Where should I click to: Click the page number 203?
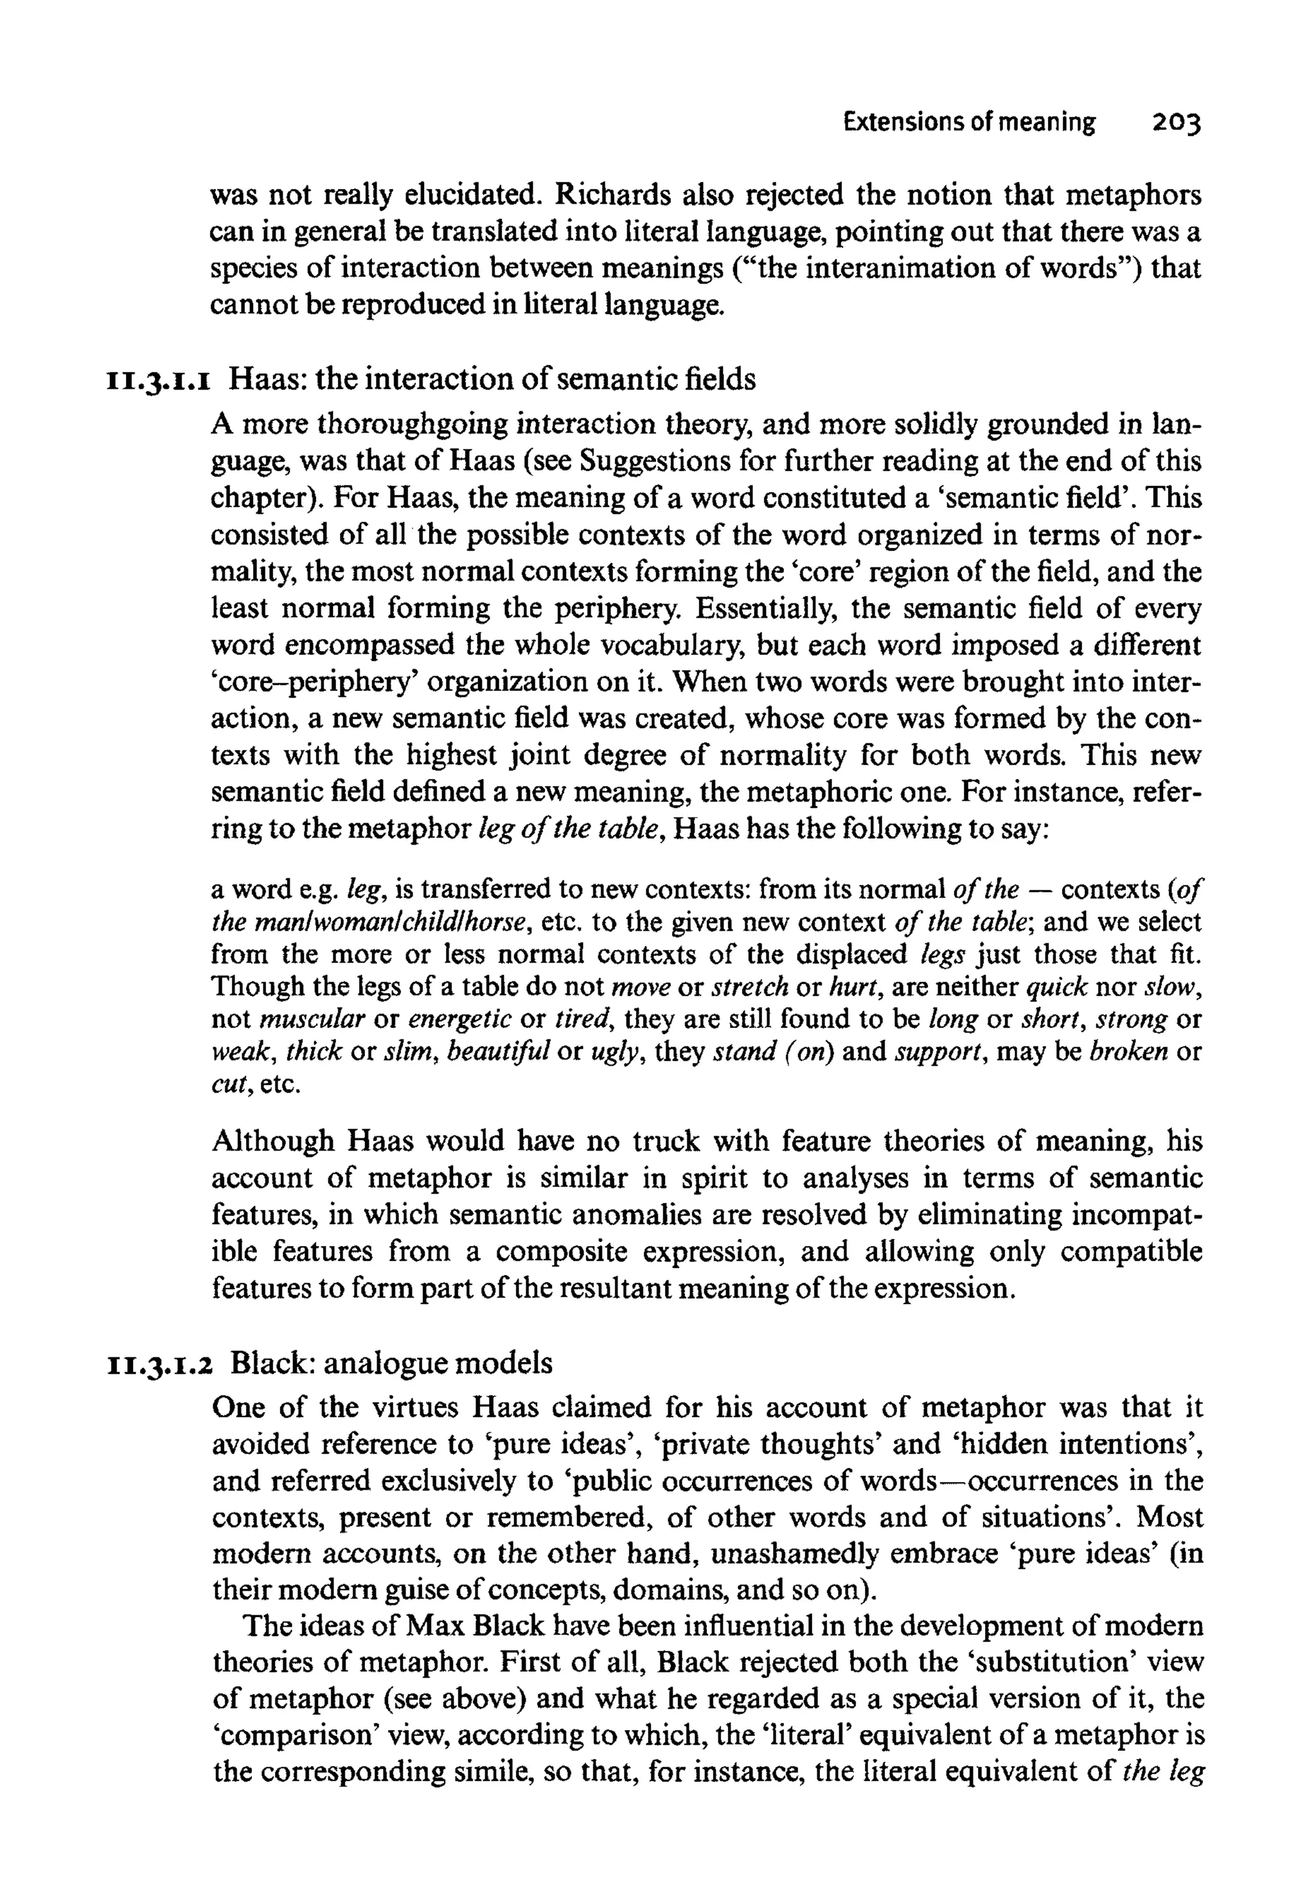1166,123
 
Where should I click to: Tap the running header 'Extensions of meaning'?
969,123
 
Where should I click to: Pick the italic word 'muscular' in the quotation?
312,1019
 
